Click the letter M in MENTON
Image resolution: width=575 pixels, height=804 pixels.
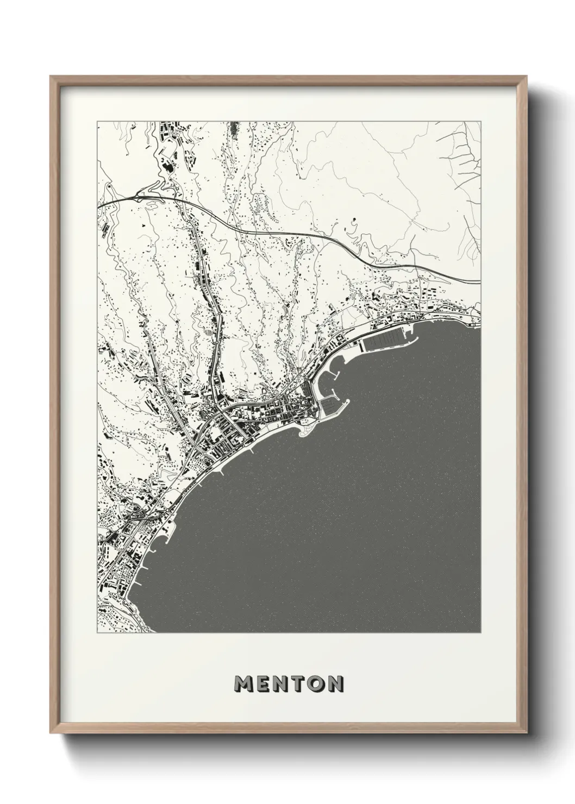point(243,684)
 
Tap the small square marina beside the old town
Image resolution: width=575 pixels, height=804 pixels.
point(329,405)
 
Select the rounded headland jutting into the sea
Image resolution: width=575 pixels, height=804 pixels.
point(304,432)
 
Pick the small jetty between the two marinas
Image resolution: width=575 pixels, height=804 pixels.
point(335,375)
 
